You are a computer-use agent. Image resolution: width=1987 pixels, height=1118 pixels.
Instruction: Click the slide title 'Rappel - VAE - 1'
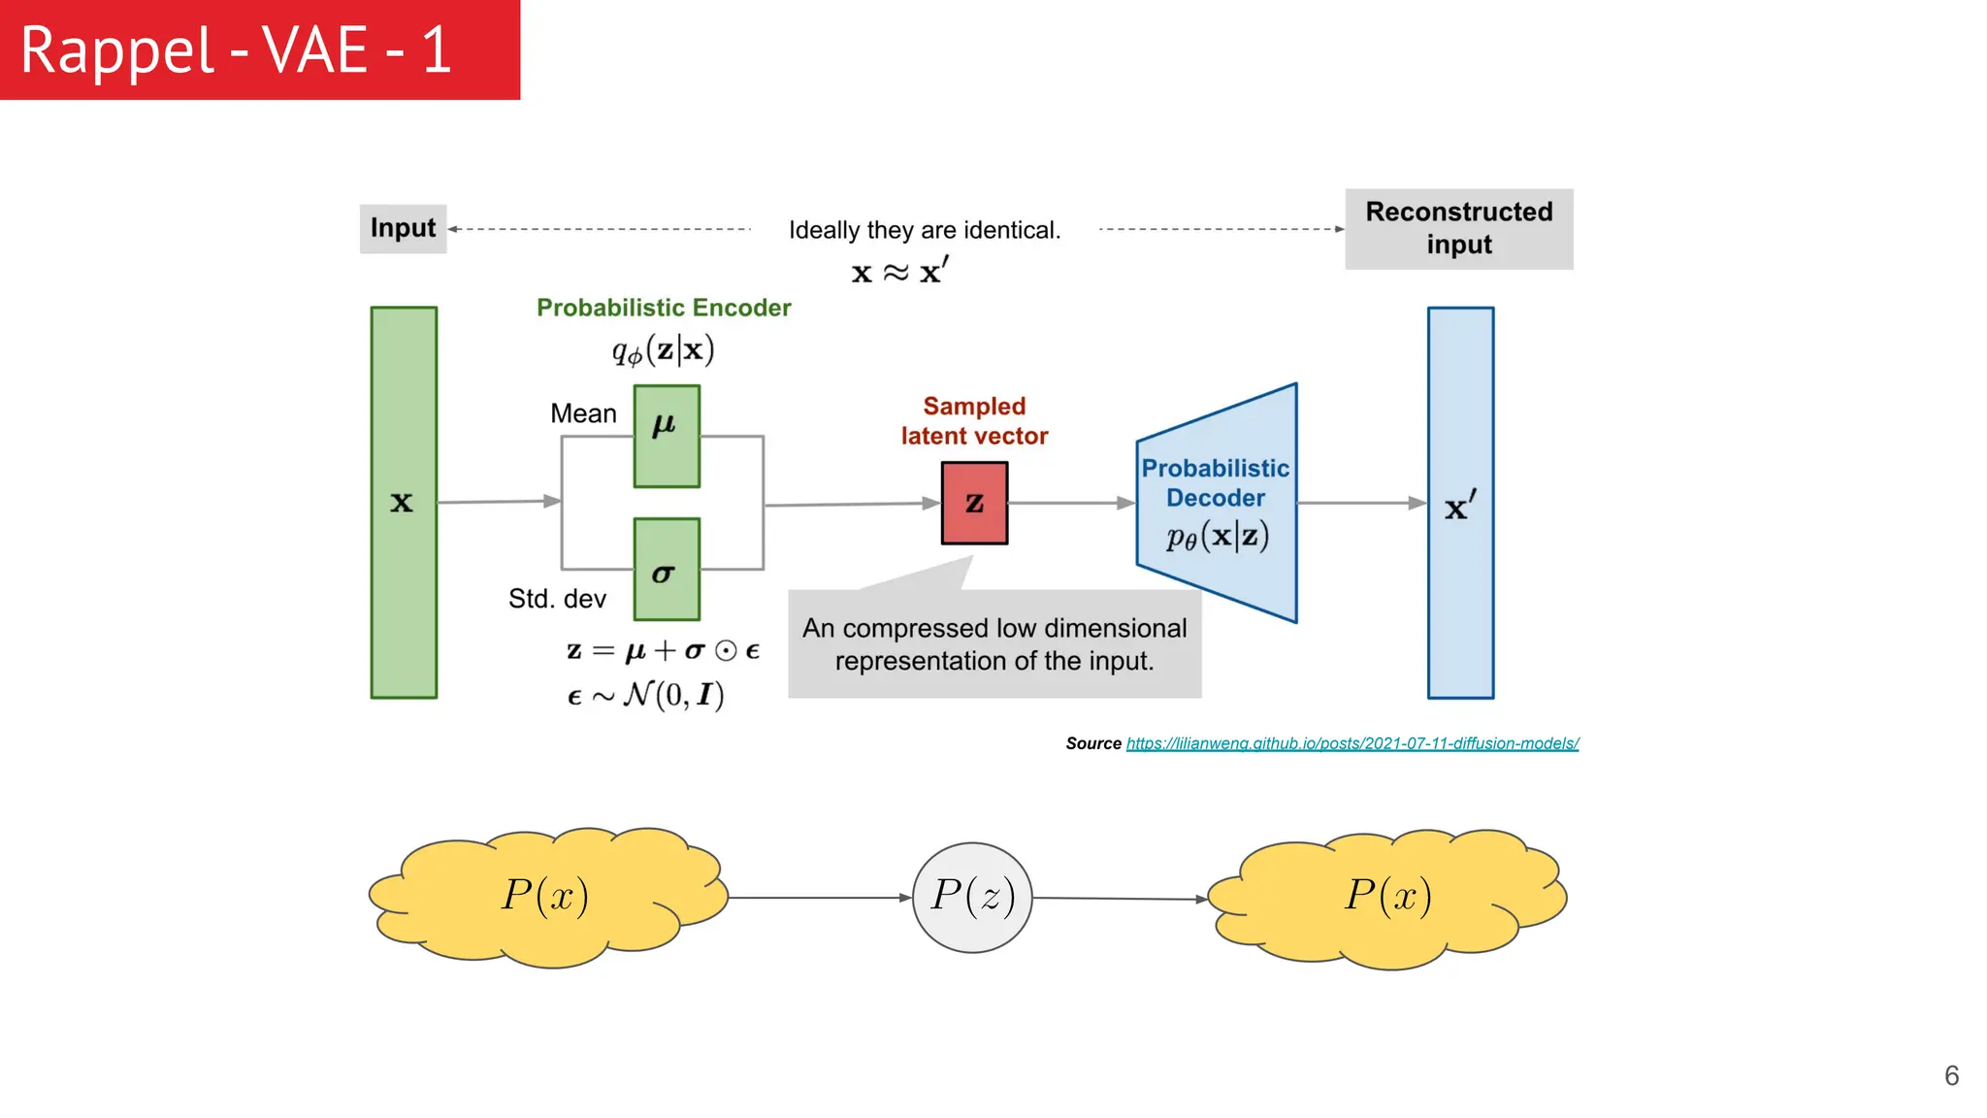(x=236, y=50)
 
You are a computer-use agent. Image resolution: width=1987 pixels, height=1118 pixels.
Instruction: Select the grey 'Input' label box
(x=403, y=229)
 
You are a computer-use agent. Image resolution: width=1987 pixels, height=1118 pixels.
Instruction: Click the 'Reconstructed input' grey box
(x=1458, y=229)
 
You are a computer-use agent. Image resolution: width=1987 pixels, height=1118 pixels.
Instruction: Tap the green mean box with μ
(x=667, y=437)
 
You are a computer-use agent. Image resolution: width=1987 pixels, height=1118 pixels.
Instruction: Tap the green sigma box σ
(x=667, y=569)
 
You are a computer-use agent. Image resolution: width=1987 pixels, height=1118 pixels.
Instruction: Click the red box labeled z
(x=974, y=503)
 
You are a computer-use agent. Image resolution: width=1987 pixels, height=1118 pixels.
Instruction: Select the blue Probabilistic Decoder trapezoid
(x=1216, y=503)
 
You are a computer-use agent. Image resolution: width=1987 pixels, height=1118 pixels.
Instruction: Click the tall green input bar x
(x=404, y=503)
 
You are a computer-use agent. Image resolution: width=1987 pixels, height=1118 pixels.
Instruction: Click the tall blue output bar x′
(x=1460, y=503)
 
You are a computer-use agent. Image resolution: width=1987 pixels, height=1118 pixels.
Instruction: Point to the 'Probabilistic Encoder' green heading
(x=664, y=308)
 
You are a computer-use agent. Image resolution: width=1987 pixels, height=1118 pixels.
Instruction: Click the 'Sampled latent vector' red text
(x=974, y=421)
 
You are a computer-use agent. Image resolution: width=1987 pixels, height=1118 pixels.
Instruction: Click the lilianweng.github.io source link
(x=1352, y=743)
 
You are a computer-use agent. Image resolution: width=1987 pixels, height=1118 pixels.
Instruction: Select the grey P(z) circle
(x=972, y=897)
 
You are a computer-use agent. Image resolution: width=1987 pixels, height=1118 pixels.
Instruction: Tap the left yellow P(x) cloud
(x=546, y=897)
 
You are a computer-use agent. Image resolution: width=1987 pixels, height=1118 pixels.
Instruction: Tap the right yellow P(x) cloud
(x=1388, y=897)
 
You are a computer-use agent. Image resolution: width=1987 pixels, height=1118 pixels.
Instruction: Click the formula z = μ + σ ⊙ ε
(x=664, y=650)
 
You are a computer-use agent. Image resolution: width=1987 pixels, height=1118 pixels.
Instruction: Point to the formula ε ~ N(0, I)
(x=646, y=695)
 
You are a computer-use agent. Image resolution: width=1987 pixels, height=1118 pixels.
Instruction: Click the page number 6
(x=1951, y=1075)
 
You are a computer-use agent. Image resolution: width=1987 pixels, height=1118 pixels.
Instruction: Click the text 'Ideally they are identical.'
(x=925, y=231)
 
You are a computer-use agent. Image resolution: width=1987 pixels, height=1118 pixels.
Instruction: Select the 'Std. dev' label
(x=557, y=599)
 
